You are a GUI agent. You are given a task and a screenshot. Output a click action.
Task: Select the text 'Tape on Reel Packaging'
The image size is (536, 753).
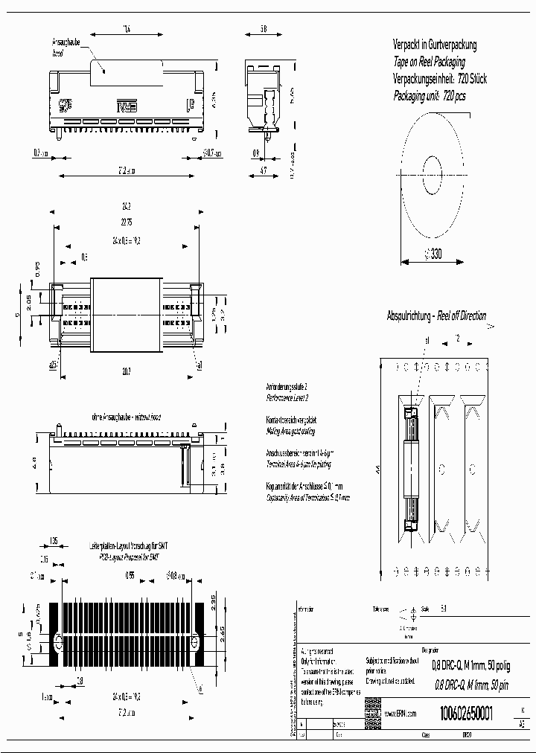(429, 62)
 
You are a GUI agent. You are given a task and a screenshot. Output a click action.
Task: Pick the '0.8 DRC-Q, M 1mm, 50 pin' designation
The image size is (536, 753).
(470, 685)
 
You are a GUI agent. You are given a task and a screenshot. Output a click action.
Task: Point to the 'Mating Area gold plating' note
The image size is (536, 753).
(290, 431)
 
